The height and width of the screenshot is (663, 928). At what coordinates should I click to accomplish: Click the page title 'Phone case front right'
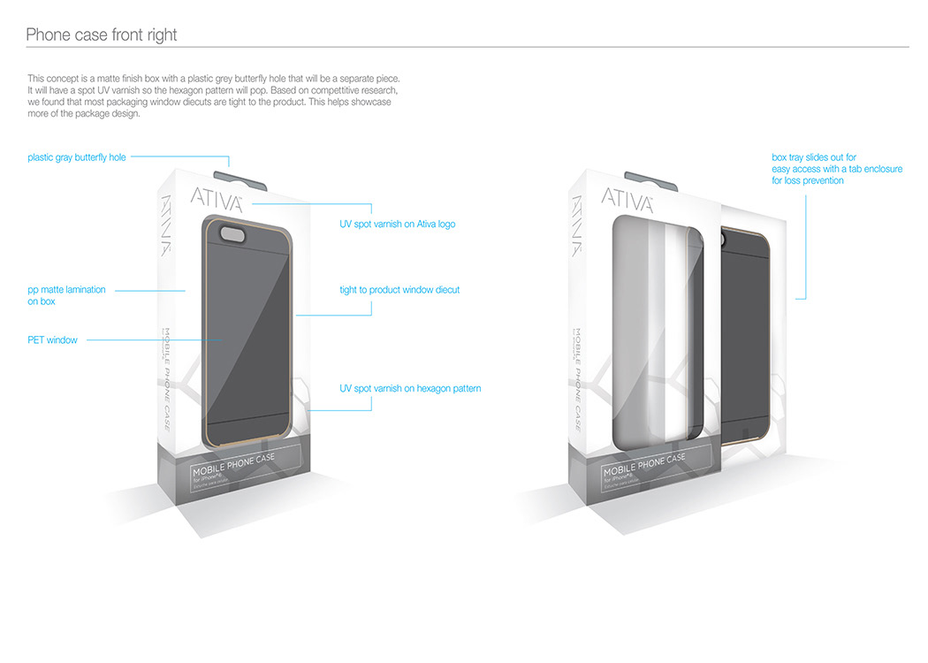tap(101, 35)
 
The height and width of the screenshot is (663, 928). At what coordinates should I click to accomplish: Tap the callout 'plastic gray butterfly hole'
tap(77, 157)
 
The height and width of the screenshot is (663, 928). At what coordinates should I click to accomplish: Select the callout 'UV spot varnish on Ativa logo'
tap(397, 225)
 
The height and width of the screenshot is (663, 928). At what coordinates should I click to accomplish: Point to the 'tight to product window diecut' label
tap(399, 290)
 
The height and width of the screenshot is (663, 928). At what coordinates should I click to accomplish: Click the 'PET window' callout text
tap(52, 340)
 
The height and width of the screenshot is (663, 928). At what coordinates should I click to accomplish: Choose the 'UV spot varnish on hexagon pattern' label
tap(410, 389)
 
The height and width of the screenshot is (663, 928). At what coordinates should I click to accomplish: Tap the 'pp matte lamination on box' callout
tap(66, 295)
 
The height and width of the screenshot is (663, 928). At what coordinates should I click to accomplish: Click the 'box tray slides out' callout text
tap(836, 169)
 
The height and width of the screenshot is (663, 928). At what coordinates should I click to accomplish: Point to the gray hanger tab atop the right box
tap(650, 180)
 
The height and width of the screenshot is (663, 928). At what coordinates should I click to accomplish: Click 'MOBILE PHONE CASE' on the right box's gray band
tap(644, 465)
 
